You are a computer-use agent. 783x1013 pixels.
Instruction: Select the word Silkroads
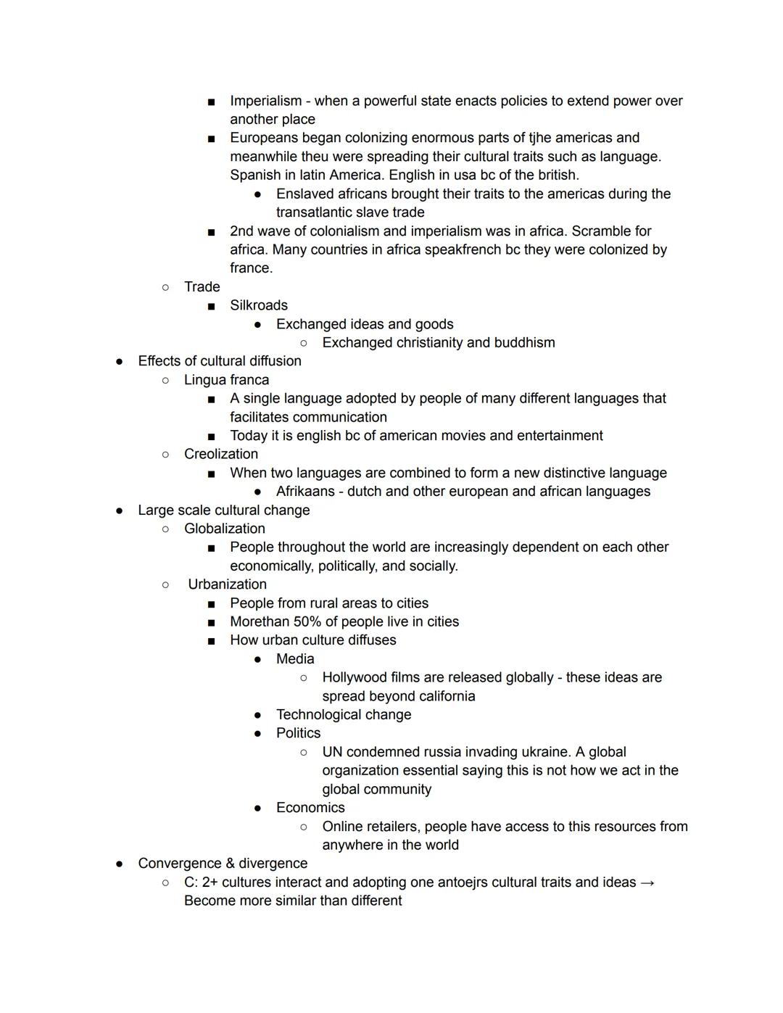(259, 305)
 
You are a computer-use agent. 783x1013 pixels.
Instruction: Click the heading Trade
(202, 286)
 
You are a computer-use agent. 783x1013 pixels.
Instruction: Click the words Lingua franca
(226, 380)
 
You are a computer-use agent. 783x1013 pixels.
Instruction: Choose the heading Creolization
(221, 454)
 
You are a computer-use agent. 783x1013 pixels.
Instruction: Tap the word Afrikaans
(304, 492)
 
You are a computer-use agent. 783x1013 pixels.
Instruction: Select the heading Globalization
(225, 529)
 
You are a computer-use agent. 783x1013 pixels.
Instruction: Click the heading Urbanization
(227, 584)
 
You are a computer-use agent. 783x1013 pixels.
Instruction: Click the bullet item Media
(295, 658)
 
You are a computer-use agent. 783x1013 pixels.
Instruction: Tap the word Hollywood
(354, 677)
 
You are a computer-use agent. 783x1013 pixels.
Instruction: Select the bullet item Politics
(298, 733)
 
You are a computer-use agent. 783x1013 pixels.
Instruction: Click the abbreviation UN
(333, 752)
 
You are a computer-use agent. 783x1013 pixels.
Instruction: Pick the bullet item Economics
(310, 808)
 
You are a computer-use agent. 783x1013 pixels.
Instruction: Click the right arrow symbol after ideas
(648, 882)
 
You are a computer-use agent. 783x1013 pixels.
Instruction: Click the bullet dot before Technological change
(257, 715)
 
